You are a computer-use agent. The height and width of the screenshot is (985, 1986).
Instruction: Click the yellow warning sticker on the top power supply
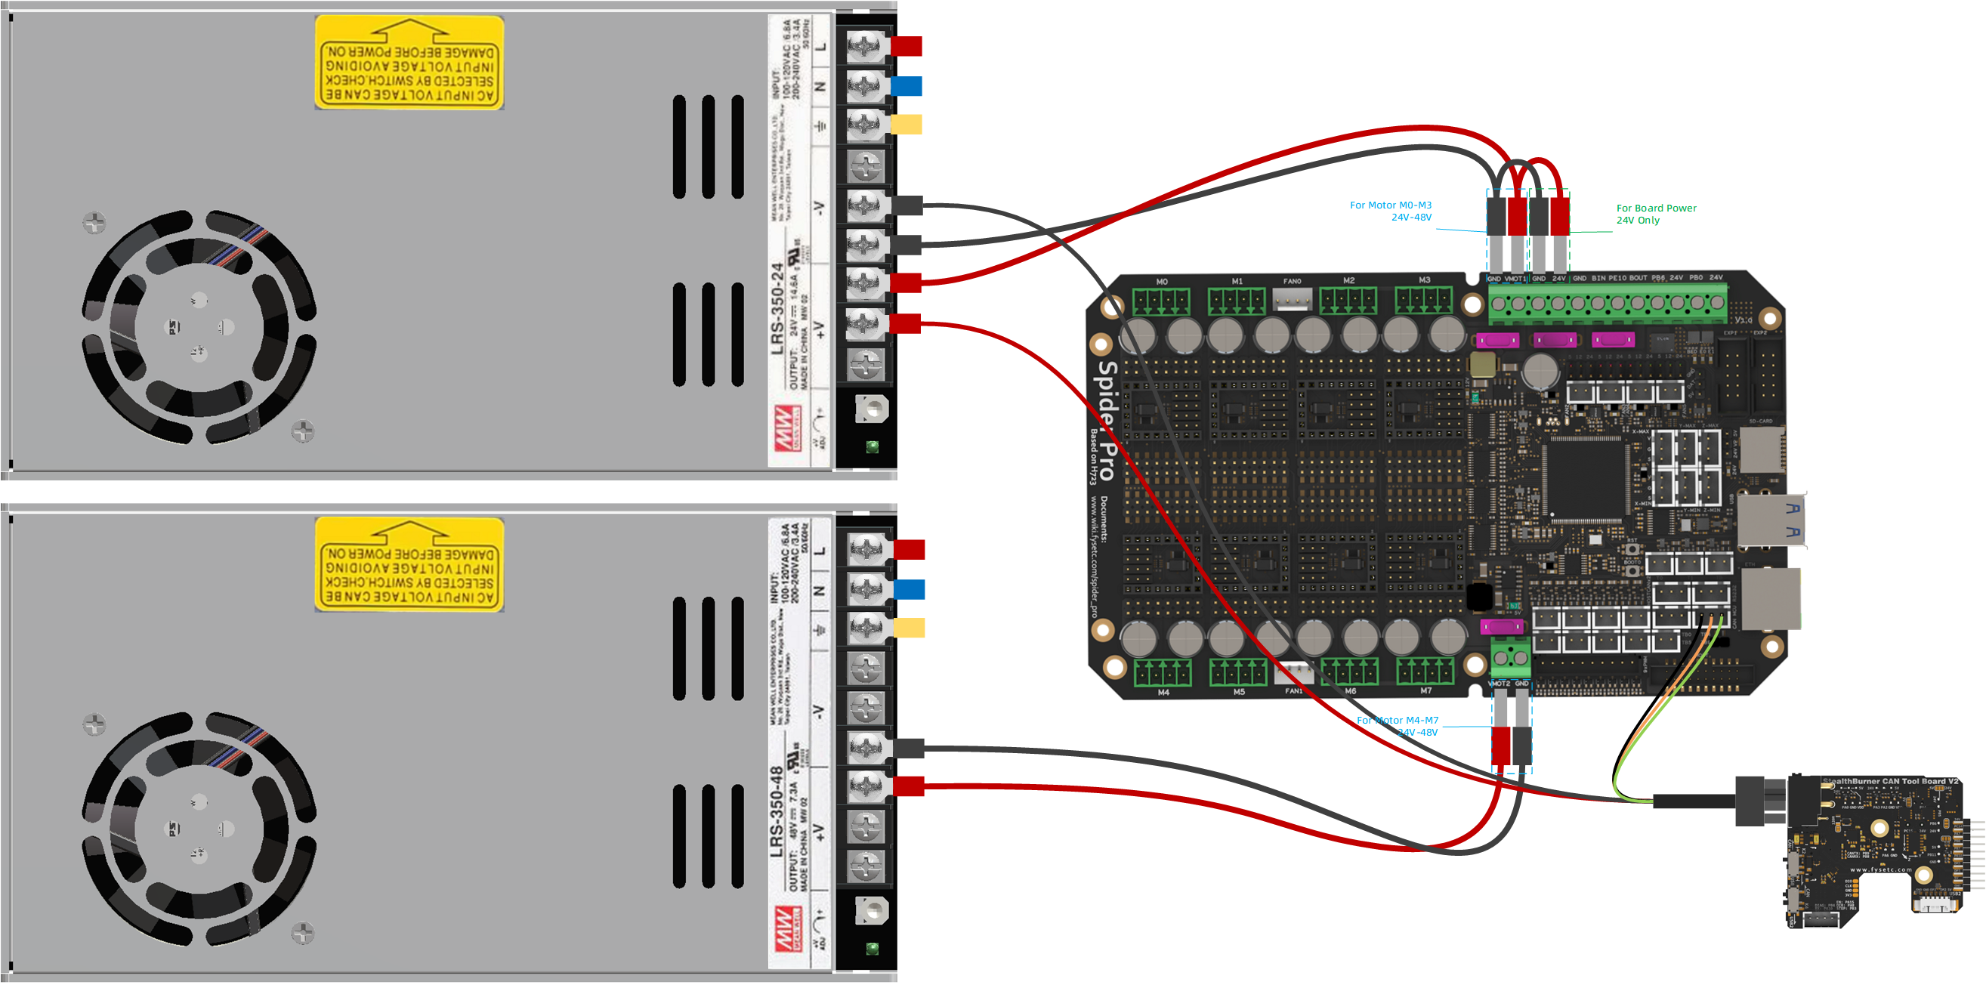pyautogui.click(x=409, y=63)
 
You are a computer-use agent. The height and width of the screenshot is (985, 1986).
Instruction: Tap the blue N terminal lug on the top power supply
pyautogui.click(x=907, y=85)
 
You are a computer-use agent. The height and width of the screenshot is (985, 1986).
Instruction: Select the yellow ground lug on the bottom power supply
pyautogui.click(x=909, y=628)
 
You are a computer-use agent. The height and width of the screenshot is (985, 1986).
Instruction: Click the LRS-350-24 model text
pyautogui.click(x=778, y=309)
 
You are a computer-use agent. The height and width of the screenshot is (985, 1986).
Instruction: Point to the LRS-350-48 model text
pyautogui.click(x=777, y=811)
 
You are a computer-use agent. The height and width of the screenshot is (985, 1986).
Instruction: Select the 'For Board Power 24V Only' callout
pyautogui.click(x=1655, y=214)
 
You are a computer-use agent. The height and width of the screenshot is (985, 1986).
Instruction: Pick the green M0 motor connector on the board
pyautogui.click(x=1161, y=301)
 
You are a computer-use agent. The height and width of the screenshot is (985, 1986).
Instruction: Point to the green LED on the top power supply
pyautogui.click(x=873, y=446)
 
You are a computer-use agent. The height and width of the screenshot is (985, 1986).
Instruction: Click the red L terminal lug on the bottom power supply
pyautogui.click(x=909, y=550)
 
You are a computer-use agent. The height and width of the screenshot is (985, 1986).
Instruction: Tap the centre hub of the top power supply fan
pyautogui.click(x=199, y=328)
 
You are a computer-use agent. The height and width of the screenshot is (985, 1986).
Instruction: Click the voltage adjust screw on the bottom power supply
pyautogui.click(x=873, y=911)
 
